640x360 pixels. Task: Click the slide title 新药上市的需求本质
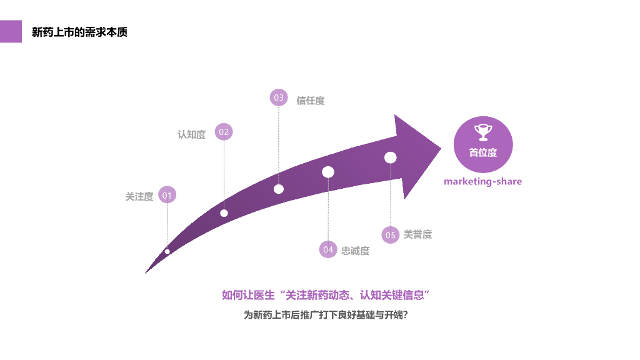(x=79, y=32)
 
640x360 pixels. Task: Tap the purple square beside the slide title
(x=11, y=31)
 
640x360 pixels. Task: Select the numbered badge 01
(x=167, y=195)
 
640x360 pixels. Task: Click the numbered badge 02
(x=224, y=132)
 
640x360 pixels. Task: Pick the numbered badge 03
(x=279, y=97)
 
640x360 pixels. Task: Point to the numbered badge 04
(x=328, y=249)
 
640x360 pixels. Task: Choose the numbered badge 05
(x=391, y=235)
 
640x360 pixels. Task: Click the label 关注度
(x=139, y=196)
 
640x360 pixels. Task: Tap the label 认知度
(x=191, y=134)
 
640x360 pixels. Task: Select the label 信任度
(x=310, y=101)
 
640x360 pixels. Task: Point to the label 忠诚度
(x=355, y=251)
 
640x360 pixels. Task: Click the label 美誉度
(x=417, y=234)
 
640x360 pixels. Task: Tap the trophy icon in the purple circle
(x=483, y=132)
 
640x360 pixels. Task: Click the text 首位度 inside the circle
(x=483, y=152)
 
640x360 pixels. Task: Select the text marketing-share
(x=482, y=181)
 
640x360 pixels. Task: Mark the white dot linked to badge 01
(x=167, y=251)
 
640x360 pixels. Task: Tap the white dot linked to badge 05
(x=391, y=157)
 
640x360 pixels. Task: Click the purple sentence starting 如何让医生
(x=326, y=295)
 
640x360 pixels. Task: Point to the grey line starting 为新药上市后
(x=326, y=315)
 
